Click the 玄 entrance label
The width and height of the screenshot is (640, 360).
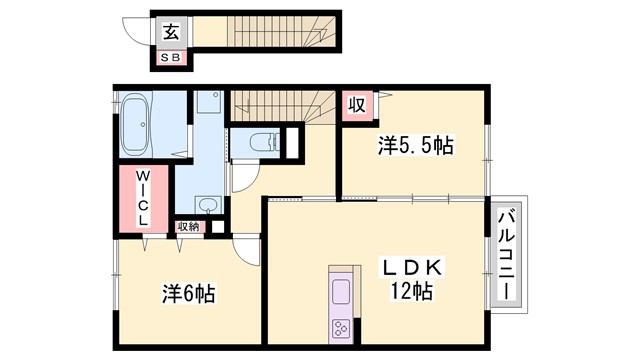click(x=171, y=31)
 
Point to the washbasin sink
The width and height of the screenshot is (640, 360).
click(x=207, y=206)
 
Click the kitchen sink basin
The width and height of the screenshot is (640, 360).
click(x=341, y=292)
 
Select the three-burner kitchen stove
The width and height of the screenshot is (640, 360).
click(x=341, y=327)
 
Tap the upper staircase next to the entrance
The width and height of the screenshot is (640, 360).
click(x=265, y=29)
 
